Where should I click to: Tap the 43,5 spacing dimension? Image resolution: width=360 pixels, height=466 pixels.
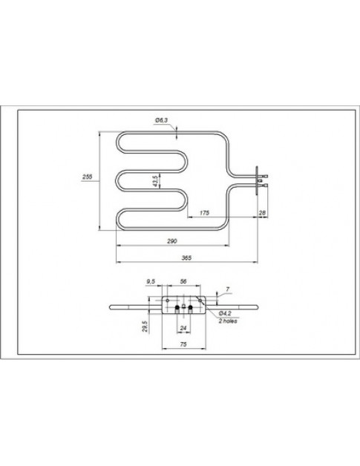click(x=155, y=181)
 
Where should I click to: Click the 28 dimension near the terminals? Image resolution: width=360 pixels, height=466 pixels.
click(x=262, y=214)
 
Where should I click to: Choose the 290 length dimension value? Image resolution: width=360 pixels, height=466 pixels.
click(x=171, y=243)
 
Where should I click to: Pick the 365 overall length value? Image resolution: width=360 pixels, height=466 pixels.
click(x=186, y=257)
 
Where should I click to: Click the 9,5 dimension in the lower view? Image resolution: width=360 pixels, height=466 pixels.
click(x=151, y=282)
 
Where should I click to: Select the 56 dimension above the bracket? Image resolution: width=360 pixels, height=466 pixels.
click(x=183, y=282)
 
